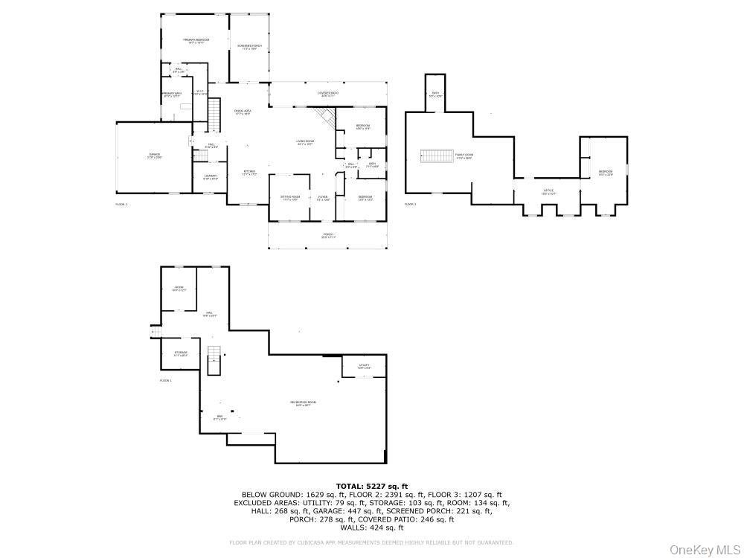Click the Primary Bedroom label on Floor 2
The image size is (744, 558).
pos(196,40)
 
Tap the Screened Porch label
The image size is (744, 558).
pos(249,47)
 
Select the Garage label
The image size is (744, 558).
pos(154,155)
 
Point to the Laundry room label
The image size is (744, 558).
pos(211,177)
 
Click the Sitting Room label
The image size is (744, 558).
pos(289,198)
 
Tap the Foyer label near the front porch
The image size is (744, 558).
pos(323,198)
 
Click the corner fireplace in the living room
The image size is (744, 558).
pos(324,115)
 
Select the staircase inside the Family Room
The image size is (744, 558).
pos(437,155)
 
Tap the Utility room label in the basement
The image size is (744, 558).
pos(364,366)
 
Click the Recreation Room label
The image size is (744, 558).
pos(304,403)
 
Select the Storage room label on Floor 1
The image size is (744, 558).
pos(181,353)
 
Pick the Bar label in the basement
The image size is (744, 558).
pos(219,417)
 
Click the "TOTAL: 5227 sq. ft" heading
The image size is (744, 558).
pos(371,486)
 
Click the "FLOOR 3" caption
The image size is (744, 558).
pos(410,204)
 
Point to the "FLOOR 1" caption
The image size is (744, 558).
pos(165,380)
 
